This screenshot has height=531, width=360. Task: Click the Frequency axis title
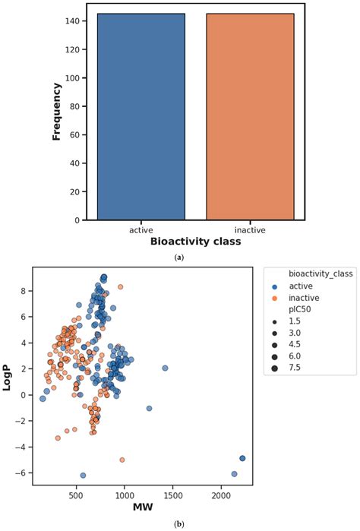56,112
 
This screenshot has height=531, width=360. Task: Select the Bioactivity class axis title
195,242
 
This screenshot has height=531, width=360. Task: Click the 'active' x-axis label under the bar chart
141,229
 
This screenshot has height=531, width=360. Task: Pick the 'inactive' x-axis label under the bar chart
250,229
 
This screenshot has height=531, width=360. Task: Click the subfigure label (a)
179,258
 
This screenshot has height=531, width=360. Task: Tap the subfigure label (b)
179,523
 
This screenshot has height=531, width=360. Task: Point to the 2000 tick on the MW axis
220,495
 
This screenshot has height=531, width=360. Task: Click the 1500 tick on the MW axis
172,495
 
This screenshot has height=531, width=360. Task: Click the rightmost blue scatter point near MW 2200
242,459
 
